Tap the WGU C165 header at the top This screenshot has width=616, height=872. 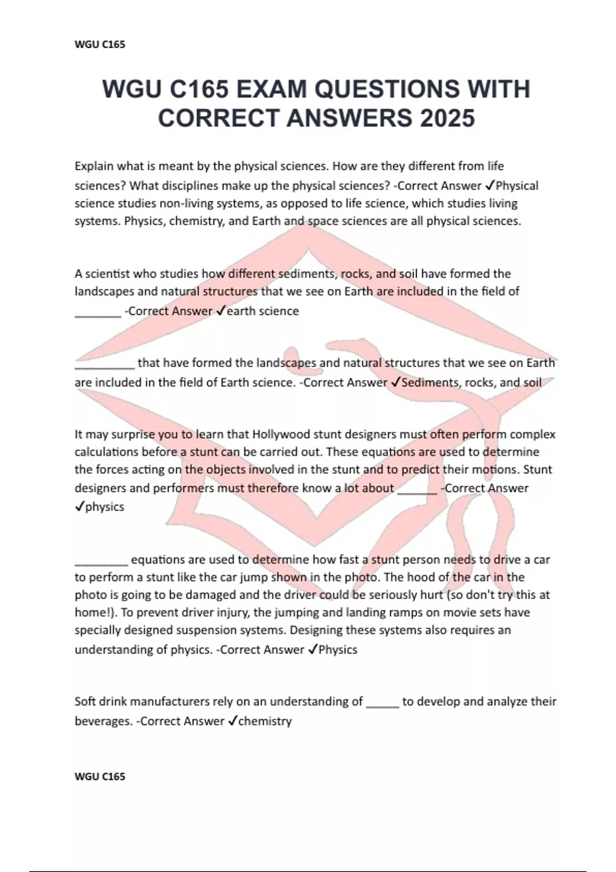tap(100, 45)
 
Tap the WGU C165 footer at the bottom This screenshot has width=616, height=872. tap(100, 776)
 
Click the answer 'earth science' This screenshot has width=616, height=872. tap(262, 311)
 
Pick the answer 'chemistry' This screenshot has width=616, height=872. tap(265, 721)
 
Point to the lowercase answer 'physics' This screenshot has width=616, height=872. tap(105, 507)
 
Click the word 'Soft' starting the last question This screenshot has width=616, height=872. tap(85, 701)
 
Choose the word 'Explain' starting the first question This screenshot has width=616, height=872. tap(94, 166)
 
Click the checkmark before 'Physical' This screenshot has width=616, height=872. tap(490, 186)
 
